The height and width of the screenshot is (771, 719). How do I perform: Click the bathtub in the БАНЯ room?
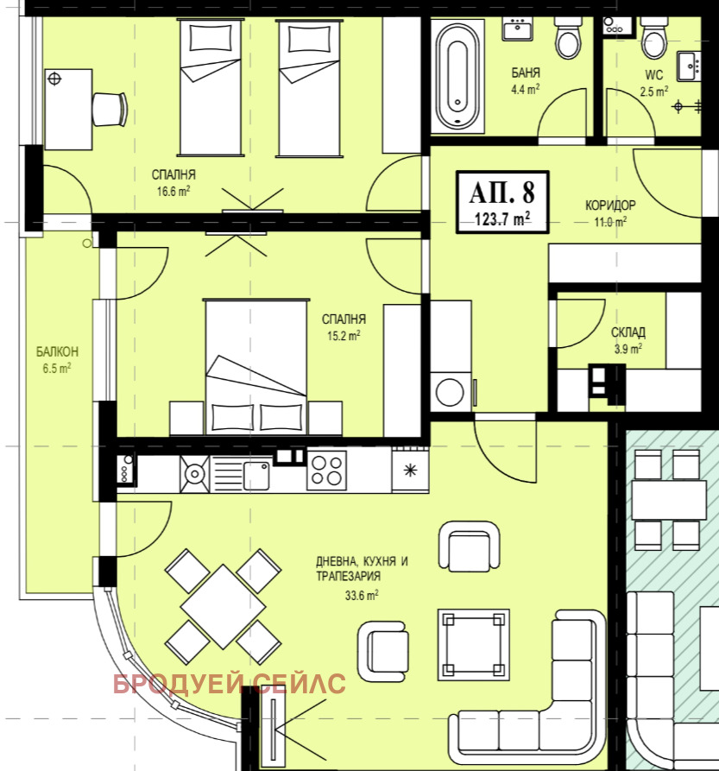[x=457, y=75]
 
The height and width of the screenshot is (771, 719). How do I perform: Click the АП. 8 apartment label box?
[x=502, y=202]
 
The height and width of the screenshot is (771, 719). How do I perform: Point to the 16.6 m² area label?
[x=173, y=192]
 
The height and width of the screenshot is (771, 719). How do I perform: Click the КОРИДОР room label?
[x=610, y=205]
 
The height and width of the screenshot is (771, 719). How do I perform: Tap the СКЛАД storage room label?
[x=628, y=332]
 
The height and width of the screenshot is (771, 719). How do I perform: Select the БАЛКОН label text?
[x=57, y=351]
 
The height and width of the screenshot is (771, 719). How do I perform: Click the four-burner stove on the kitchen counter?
[x=327, y=471]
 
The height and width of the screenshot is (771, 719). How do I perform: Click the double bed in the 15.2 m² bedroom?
[x=256, y=367]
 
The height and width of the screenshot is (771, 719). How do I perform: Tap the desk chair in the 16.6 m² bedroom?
[x=110, y=109]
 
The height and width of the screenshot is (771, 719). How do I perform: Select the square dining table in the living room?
[x=223, y=606]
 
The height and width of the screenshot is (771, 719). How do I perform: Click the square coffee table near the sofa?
[x=474, y=645]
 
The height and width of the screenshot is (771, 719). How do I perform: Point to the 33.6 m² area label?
[x=361, y=596]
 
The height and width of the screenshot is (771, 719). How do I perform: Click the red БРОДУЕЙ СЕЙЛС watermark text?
[x=230, y=684]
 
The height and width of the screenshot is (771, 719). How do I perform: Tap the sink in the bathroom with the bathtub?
[x=518, y=29]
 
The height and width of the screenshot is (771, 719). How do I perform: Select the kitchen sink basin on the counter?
[x=256, y=476]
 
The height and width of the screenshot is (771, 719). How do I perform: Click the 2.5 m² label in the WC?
[x=653, y=92]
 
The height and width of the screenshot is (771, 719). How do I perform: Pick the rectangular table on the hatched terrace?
[x=669, y=500]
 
